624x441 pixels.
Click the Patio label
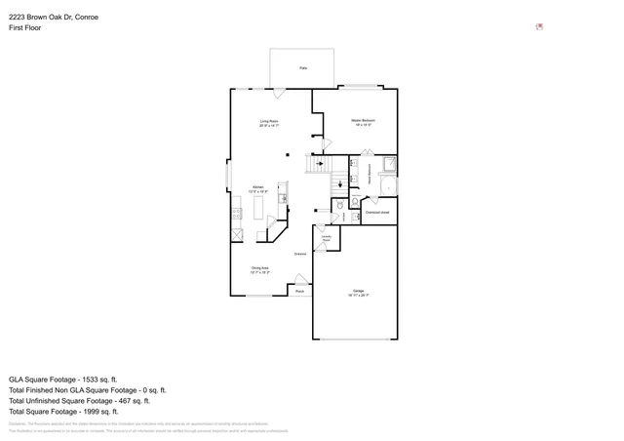[304, 68]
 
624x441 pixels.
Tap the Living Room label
[269, 123]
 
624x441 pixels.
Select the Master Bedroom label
[364, 122]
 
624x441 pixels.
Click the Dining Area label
[260, 269]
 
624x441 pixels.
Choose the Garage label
[358, 293]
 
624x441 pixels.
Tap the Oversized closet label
[377, 212]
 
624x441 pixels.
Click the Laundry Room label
[327, 237]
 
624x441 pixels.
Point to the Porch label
[300, 291]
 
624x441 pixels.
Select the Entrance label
[300, 254]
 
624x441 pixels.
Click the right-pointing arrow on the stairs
[320, 163]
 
